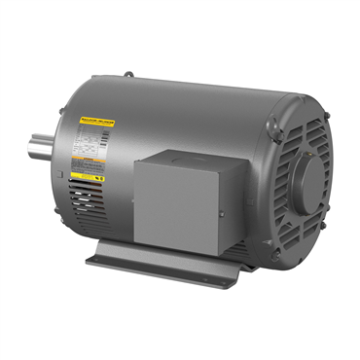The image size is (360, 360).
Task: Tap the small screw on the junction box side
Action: click(222, 212)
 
